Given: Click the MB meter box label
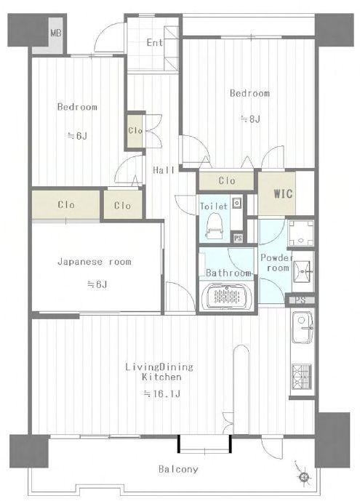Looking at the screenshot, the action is (56, 33).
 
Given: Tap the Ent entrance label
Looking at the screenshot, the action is (155, 42).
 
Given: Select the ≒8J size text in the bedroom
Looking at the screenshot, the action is (250, 119).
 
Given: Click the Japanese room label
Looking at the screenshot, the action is (95, 262).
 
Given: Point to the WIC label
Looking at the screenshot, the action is (283, 193).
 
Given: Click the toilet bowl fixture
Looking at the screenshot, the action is (213, 226).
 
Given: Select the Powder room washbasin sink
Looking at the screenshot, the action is (303, 272).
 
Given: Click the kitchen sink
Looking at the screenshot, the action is (303, 327).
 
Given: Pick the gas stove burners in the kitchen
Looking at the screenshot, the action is (302, 377).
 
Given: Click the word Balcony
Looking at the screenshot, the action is (178, 469).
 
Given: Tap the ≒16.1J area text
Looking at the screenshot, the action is (162, 393).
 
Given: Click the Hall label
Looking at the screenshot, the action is (164, 170).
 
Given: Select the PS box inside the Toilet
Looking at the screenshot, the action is (238, 238).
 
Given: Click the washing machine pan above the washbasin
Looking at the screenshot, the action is (301, 233).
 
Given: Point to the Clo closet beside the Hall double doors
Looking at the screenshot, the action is (135, 130).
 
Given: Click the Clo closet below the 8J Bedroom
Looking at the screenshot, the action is (227, 181).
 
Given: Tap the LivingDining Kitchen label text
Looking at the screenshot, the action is (159, 372).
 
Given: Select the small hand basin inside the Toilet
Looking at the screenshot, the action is (236, 204).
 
